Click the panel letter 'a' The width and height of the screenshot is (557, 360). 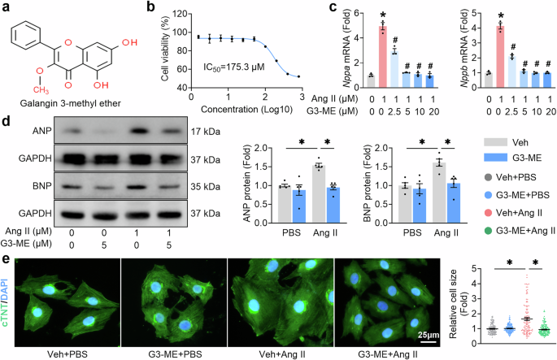7,7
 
